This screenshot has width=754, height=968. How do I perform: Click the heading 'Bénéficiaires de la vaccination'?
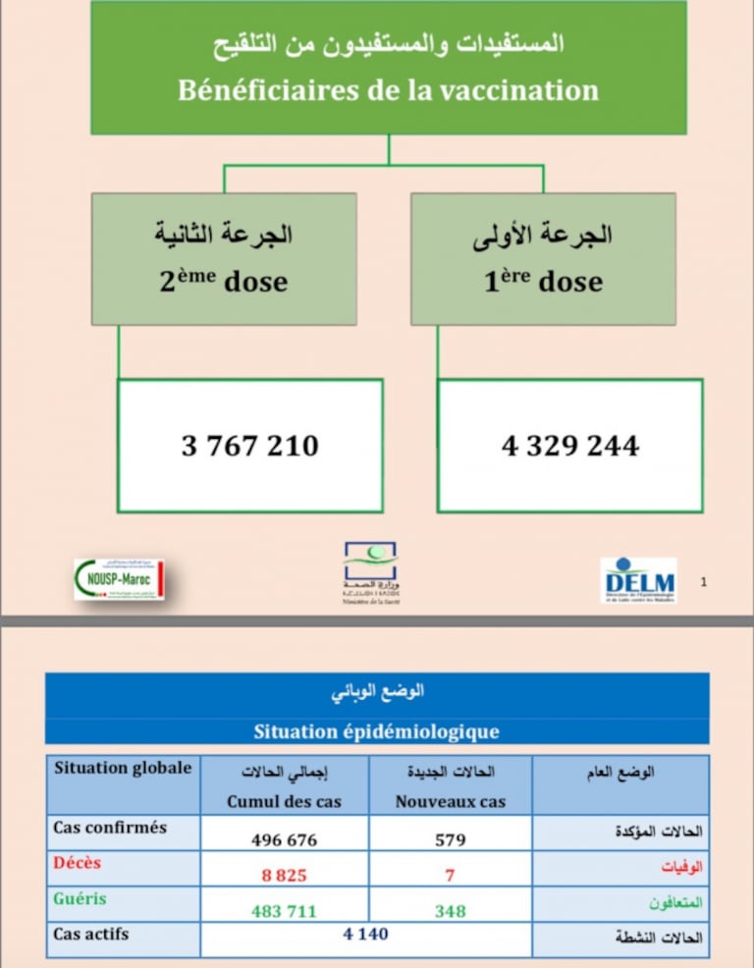pos(388,90)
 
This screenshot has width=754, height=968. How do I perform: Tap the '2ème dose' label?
pos(224,282)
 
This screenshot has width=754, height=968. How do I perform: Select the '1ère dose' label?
pos(543,282)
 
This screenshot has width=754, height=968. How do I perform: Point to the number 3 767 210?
pos(249,447)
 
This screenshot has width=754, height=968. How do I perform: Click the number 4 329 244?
pos(569,447)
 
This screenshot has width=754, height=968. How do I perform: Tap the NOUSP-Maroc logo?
pos(119,579)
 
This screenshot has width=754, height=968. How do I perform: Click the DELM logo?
pos(638,579)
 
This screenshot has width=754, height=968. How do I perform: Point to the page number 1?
pos(703,583)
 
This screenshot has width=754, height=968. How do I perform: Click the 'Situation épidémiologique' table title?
pos(376,731)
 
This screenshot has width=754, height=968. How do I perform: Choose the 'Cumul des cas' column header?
pos(284,801)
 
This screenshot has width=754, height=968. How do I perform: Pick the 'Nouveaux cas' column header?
pos(451,801)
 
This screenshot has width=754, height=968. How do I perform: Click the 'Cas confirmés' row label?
pos(110,828)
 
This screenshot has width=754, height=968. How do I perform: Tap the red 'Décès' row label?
pos(78,863)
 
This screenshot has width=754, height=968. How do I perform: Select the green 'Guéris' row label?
pos(80,898)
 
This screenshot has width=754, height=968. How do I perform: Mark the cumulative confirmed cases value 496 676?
pos(284,839)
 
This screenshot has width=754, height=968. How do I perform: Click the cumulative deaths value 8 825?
pos(284,875)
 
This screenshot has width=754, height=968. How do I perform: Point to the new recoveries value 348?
pos(451,911)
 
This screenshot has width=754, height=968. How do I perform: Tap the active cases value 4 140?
pos(365,934)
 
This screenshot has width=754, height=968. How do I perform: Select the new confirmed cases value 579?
pos(451,839)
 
